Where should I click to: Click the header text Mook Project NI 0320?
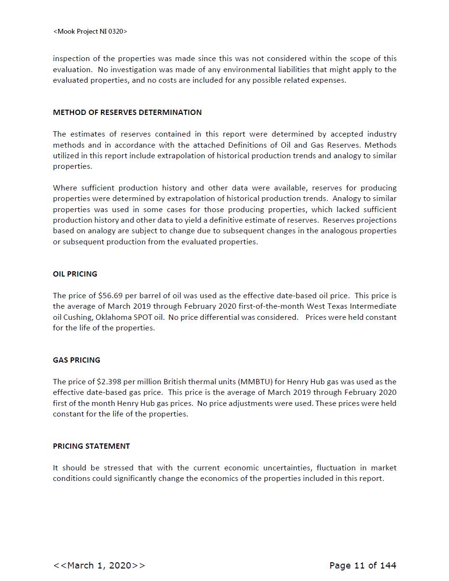pos(90,31)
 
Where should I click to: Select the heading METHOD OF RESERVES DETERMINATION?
pos(127,112)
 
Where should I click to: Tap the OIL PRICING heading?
pos(75,274)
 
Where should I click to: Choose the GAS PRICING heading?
pos(76,360)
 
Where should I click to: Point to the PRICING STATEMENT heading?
pos(91,446)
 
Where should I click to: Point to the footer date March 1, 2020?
pos(99,565)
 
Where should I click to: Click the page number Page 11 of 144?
pos(362,565)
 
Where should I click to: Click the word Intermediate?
pos(373,306)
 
